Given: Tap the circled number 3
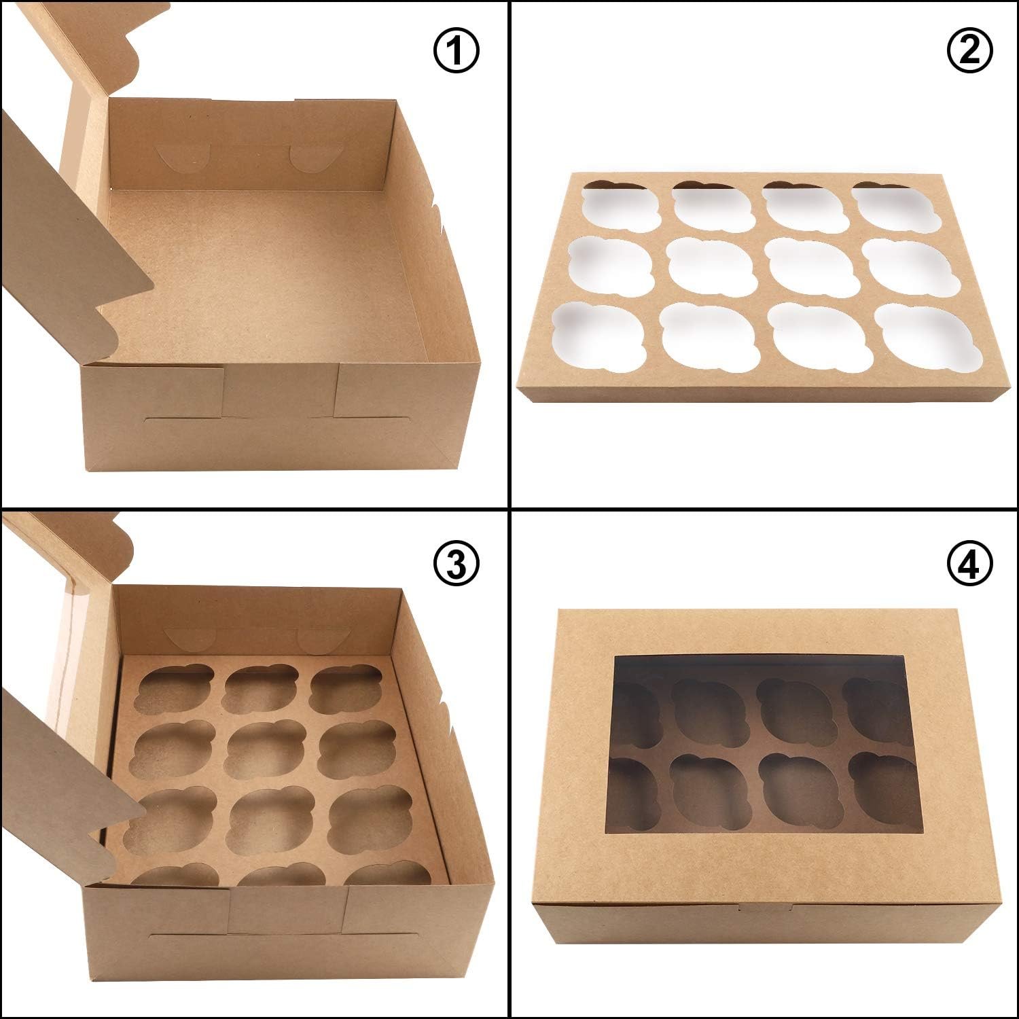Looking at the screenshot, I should click(x=457, y=562).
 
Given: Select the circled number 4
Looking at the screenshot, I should click(x=970, y=562).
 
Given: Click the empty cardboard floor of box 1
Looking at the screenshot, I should click(x=265, y=272).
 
